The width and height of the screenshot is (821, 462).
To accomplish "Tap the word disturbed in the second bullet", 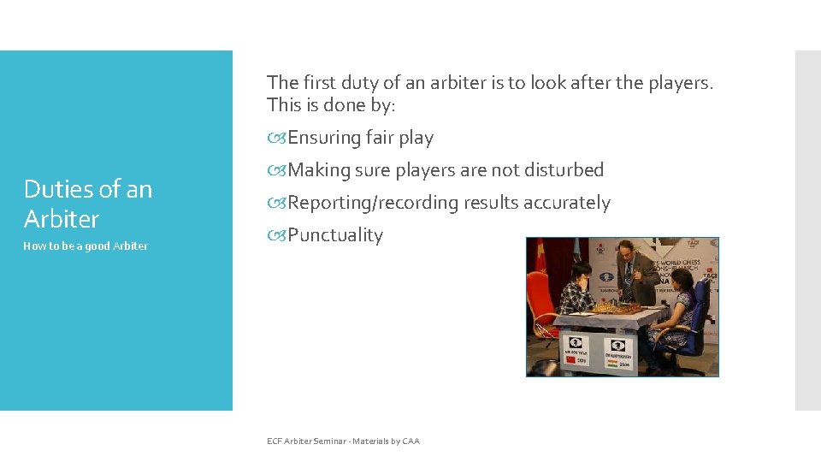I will coord(563,170).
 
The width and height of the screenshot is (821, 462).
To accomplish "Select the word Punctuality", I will coord(335,235).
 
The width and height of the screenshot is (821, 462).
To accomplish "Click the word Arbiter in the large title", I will coord(62,219).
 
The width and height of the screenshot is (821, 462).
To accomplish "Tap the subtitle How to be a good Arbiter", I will coord(86,246).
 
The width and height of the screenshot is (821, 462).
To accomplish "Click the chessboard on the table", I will coord(611,306).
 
